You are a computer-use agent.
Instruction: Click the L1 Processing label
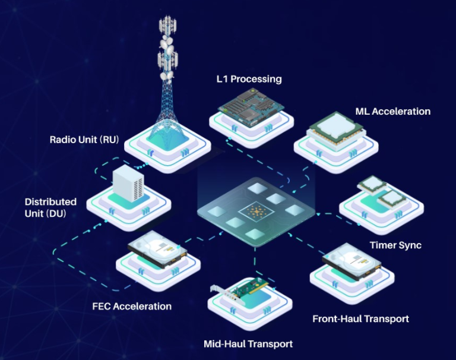coord(249,79)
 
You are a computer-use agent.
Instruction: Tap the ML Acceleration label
coord(393,112)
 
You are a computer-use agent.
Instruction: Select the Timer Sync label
coord(395,245)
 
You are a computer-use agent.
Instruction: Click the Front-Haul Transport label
coord(360,319)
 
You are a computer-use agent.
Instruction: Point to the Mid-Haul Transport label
coord(248,344)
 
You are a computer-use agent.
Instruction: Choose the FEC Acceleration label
coord(132,306)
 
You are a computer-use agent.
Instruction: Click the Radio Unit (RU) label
coord(84,140)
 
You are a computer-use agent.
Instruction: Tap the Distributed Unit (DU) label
coord(50,207)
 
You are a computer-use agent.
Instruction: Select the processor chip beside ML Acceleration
coord(337,129)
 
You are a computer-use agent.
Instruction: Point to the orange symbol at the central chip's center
coord(256,212)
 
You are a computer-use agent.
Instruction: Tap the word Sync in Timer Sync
coord(410,245)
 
